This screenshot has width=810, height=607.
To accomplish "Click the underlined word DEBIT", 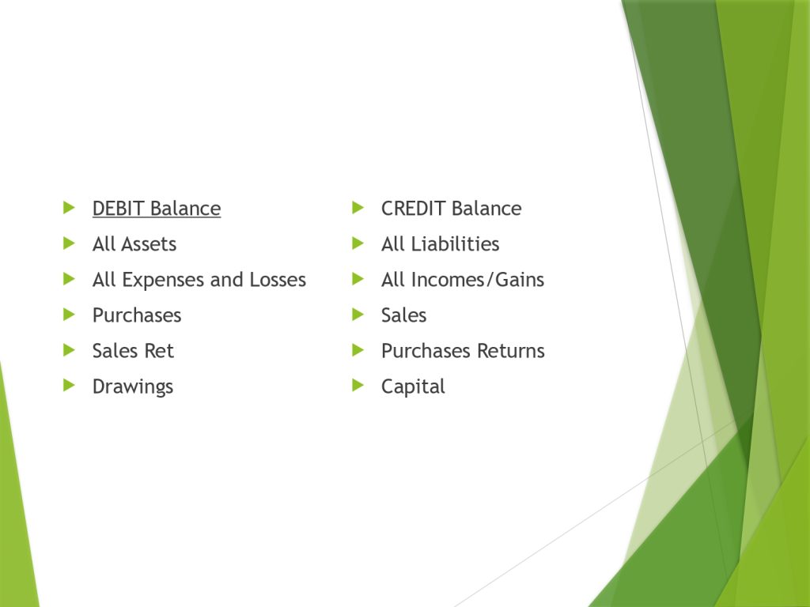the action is click(118, 209).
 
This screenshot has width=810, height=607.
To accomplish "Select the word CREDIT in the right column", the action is click(413, 209).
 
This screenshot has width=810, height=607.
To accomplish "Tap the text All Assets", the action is click(134, 244).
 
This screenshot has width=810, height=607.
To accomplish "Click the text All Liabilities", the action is click(440, 244).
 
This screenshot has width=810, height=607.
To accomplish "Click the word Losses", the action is click(278, 280).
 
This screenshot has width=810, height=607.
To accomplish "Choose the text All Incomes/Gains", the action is click(462, 280).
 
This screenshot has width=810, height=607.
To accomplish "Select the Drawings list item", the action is click(133, 387).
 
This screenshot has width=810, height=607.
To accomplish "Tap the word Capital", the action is click(413, 387).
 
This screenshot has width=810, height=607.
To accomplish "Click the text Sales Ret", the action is click(133, 351).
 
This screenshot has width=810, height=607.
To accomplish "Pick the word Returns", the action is click(511, 351).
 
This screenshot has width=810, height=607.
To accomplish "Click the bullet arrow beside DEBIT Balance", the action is click(70, 208).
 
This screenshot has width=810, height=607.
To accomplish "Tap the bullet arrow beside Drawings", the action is click(70, 385).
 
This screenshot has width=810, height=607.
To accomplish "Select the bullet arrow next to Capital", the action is click(358, 385).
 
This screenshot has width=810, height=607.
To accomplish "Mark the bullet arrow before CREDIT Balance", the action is click(358, 208).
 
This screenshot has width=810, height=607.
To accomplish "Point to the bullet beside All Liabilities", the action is click(358, 243).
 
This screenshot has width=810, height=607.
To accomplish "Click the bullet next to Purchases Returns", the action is click(358, 350).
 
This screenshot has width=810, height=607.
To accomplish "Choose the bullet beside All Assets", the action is click(70, 243).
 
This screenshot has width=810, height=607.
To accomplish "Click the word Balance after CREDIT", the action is click(486, 209).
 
